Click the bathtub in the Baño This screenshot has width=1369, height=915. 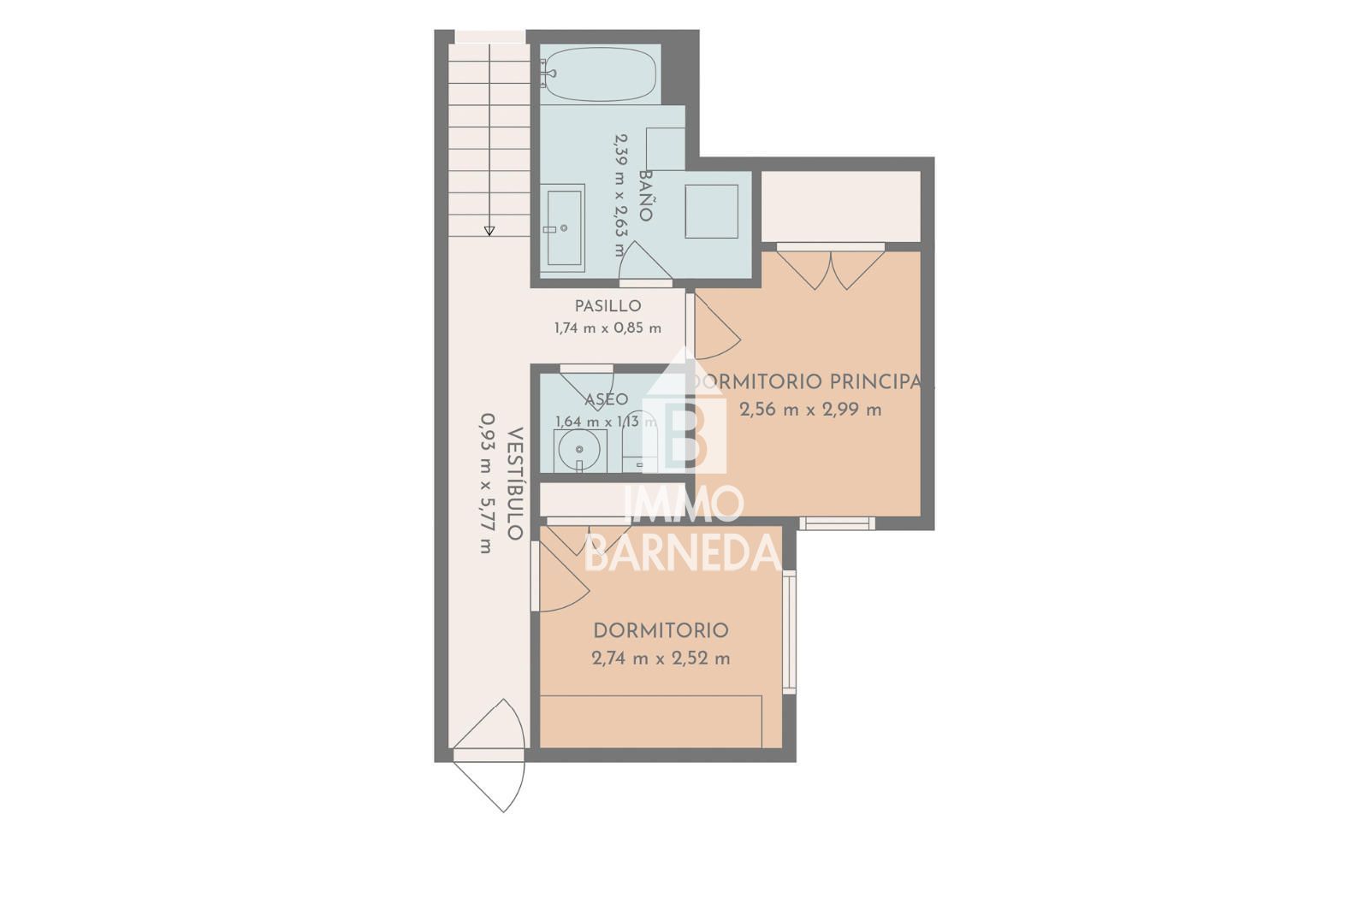(x=600, y=74)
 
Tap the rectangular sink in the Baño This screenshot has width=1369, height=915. (x=565, y=227)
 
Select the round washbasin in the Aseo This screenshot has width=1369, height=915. (x=579, y=450)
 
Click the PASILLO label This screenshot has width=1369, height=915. (x=607, y=306)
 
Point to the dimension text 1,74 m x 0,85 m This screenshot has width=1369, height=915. (x=607, y=328)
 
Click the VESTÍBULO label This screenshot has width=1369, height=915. (x=515, y=483)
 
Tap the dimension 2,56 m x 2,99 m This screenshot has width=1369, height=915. (x=810, y=410)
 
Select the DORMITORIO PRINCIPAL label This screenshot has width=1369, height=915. (x=812, y=381)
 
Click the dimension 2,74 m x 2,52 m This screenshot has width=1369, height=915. (x=661, y=658)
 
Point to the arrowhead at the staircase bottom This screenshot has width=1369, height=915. (x=489, y=231)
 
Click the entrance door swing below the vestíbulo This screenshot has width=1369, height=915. (x=489, y=755)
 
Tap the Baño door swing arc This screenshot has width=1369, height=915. (x=645, y=261)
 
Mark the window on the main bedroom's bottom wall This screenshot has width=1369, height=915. (x=838, y=523)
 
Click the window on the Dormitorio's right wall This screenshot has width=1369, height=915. (x=790, y=632)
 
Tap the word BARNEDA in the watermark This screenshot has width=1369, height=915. (x=684, y=552)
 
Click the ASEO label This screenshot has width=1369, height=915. (x=607, y=399)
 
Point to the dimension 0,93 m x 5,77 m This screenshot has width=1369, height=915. (x=487, y=483)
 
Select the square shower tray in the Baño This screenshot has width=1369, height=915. (x=711, y=211)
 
